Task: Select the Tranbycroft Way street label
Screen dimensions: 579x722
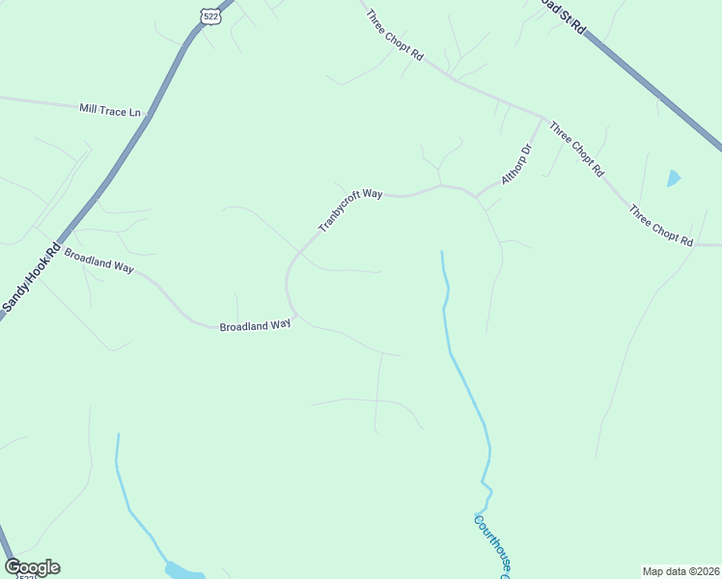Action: (x=350, y=209)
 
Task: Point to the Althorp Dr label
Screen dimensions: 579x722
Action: (x=516, y=165)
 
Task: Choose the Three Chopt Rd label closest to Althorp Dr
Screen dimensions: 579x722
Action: (x=577, y=148)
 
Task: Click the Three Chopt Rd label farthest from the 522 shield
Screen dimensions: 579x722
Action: (x=661, y=226)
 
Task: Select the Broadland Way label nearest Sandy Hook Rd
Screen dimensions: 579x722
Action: (x=97, y=261)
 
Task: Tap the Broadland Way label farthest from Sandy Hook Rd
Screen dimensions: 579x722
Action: (x=255, y=326)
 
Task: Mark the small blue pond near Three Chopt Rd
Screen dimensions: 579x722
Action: (x=673, y=179)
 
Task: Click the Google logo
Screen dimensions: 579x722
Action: (x=32, y=567)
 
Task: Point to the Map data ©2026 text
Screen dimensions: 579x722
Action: (x=680, y=570)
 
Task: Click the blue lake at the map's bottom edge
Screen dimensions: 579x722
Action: (x=183, y=571)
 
